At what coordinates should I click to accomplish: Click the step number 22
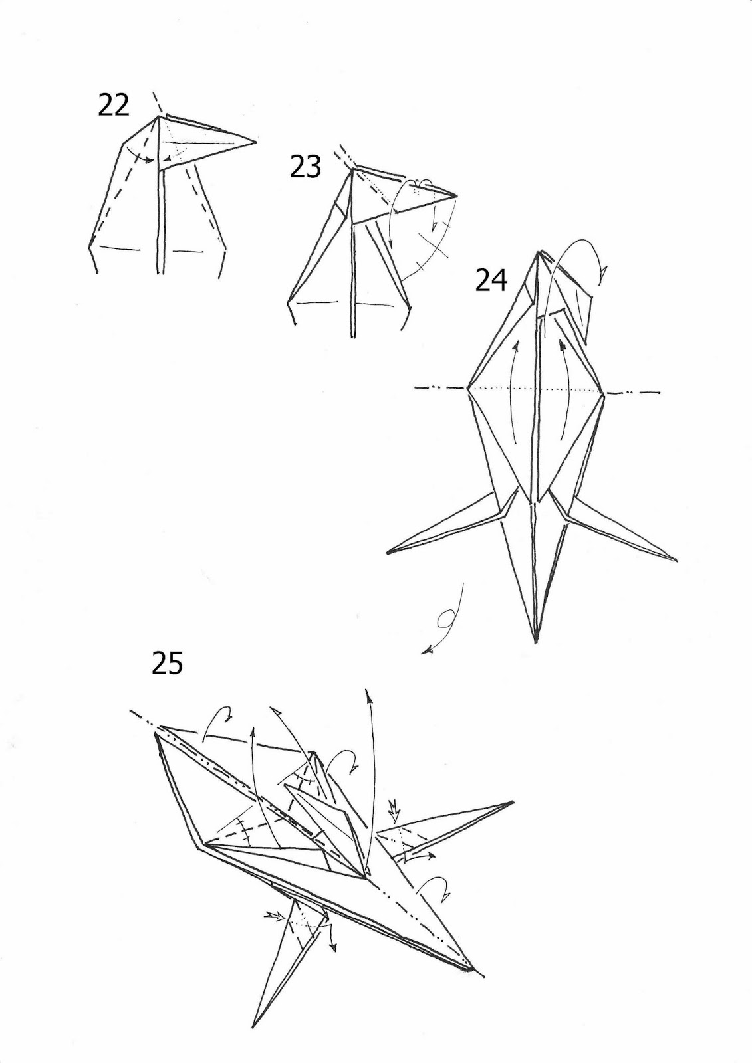tap(114, 106)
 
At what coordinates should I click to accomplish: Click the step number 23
tap(305, 167)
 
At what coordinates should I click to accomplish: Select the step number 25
tap(167, 663)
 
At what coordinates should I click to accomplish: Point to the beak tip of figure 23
tap(457, 196)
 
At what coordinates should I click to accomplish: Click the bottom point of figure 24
tap(537, 642)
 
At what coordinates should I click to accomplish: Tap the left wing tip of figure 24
tap(388, 552)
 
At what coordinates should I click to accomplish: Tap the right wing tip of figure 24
tap(677, 561)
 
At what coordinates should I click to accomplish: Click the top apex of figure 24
tap(539, 252)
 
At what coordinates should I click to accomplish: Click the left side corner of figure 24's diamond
tap(468, 389)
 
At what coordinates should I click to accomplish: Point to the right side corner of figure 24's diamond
tap(604, 393)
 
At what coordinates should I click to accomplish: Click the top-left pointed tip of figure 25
tap(156, 733)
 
